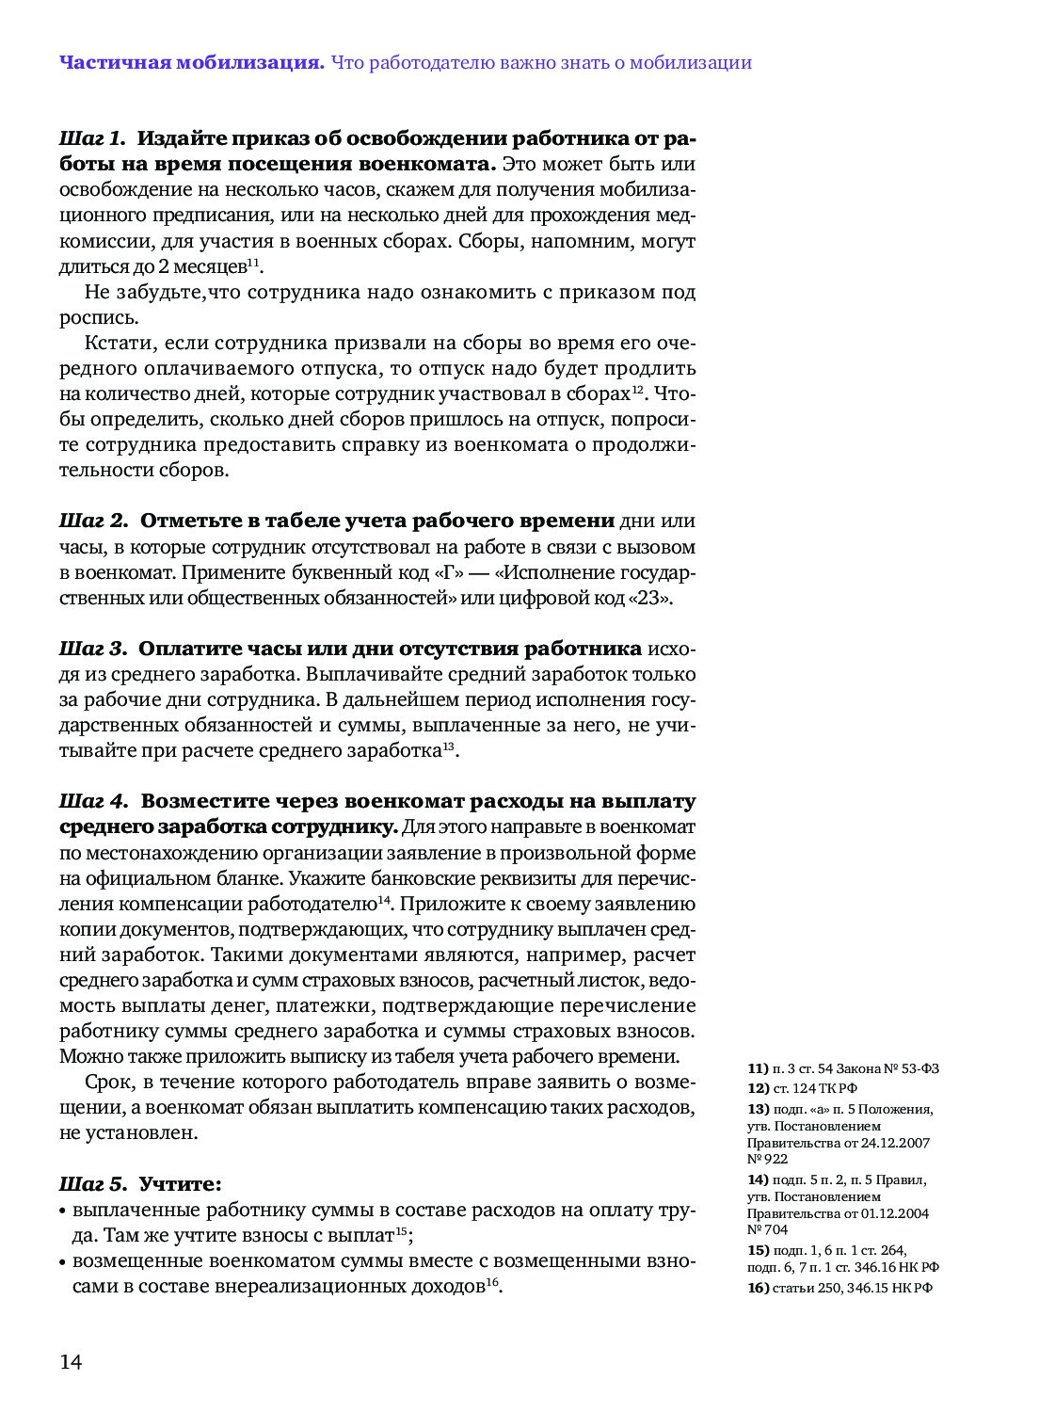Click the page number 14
[71, 1362]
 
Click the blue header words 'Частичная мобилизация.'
[192, 63]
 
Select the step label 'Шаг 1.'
[92, 138]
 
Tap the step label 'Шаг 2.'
[93, 521]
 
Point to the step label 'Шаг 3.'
[92, 649]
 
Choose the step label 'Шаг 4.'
[93, 801]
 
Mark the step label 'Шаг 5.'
[93, 1183]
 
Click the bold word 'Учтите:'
[181, 1183]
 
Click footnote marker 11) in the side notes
[758, 1068]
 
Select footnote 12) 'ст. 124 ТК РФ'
[803, 1088]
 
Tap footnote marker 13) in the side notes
[758, 1109]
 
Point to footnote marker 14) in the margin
[758, 1179]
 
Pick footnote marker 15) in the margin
[758, 1250]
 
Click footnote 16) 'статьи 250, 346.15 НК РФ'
[840, 1288]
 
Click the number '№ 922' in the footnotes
[767, 1159]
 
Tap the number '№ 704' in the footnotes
[767, 1229]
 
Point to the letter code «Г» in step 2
[445, 572]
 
